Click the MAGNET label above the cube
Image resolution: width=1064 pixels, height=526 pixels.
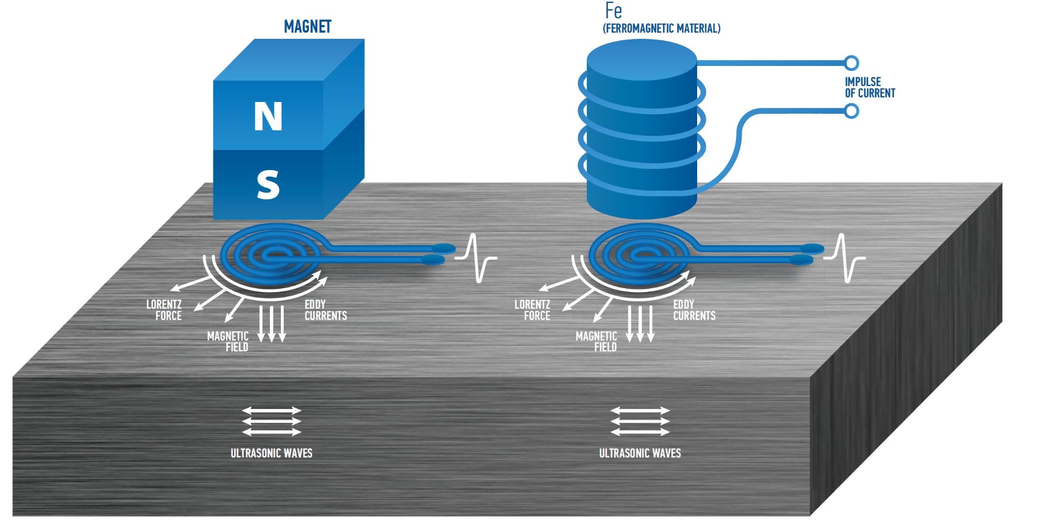(x=307, y=27)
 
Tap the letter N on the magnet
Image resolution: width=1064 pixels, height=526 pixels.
(x=268, y=116)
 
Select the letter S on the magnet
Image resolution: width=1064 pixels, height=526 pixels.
(x=268, y=185)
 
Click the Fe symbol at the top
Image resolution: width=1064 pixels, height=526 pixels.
(x=613, y=11)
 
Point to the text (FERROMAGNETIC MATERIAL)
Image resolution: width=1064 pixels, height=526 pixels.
(x=662, y=28)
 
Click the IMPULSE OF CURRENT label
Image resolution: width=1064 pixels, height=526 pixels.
(x=869, y=88)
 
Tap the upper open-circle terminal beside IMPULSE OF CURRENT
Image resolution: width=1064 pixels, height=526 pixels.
(x=852, y=63)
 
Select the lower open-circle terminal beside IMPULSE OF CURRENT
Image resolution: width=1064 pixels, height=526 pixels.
(x=852, y=111)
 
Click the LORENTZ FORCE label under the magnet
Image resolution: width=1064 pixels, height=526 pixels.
(x=165, y=310)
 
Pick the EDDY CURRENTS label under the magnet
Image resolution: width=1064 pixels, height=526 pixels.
(x=325, y=310)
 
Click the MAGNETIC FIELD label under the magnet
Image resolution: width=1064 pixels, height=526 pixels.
(x=228, y=341)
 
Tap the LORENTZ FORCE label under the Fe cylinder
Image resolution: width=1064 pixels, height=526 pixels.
(x=533, y=310)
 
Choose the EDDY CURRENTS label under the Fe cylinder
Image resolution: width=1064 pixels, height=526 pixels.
(x=694, y=310)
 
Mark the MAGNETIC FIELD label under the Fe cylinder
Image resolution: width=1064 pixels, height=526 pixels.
(x=597, y=341)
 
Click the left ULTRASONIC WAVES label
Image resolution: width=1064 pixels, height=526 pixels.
(x=272, y=453)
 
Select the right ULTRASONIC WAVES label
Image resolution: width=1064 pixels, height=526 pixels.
(x=640, y=453)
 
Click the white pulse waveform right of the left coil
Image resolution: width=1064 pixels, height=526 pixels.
(x=476, y=258)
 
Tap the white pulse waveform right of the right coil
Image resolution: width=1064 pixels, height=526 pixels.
(x=844, y=258)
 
